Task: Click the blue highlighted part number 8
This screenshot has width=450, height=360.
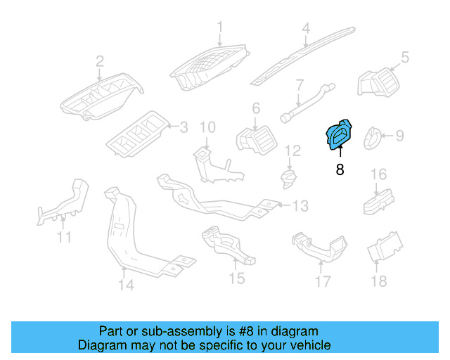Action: pyautogui.click(x=340, y=134)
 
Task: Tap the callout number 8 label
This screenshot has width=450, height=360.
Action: pyautogui.click(x=340, y=169)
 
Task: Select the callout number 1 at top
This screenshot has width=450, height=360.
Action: pyautogui.click(x=219, y=27)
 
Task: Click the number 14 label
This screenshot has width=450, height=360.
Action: pyautogui.click(x=125, y=285)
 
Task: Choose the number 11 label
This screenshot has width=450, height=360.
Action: pyautogui.click(x=64, y=237)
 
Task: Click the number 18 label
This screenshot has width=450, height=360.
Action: pyautogui.click(x=379, y=281)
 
